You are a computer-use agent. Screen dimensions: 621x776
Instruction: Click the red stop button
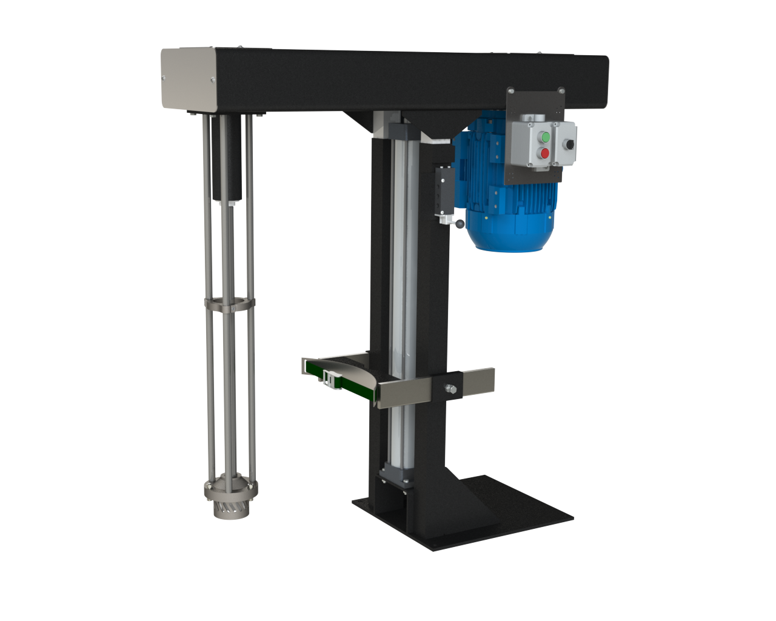(544, 153)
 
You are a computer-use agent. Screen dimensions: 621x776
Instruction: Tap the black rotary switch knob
(569, 144)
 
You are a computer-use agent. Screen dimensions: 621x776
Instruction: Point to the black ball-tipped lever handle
(460, 224)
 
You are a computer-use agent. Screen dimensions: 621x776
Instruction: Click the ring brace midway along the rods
(229, 303)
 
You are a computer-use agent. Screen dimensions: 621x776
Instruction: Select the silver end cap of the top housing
(188, 79)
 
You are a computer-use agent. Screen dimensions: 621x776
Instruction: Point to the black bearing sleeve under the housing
(226, 158)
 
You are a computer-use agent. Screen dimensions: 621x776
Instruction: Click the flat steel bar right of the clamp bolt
(479, 382)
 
